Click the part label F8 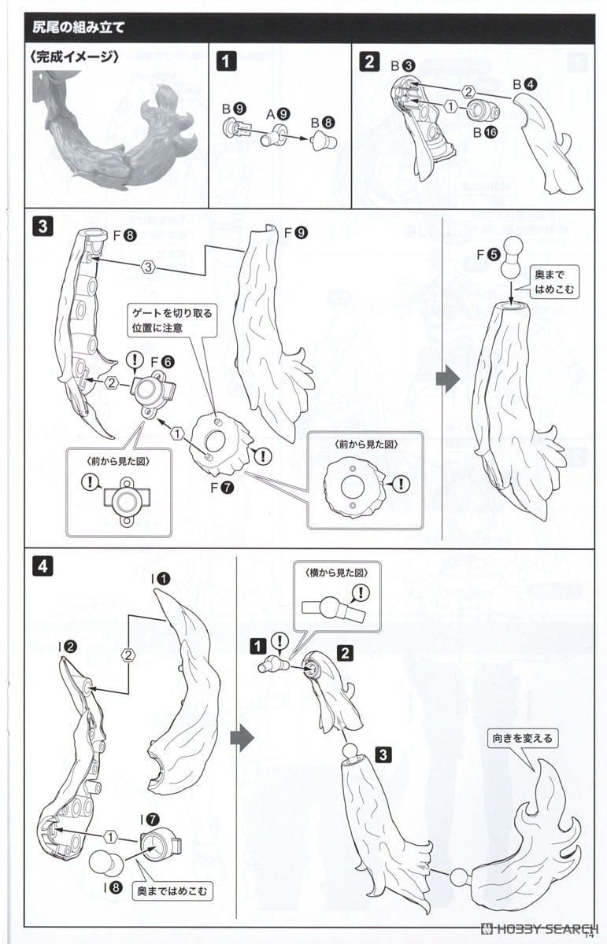124,234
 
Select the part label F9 296,233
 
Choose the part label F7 221,488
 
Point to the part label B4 525,83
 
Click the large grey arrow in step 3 446,379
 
